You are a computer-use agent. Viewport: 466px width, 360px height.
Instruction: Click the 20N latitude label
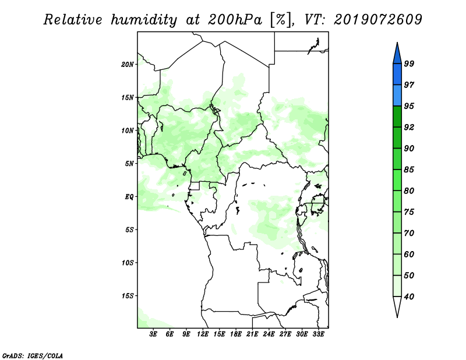[x=128, y=65]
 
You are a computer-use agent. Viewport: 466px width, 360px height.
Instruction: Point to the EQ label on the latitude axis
[x=129, y=197]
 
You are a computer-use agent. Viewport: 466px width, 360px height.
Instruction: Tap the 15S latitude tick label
[x=128, y=296]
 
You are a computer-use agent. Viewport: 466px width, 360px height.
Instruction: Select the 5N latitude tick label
[x=129, y=164]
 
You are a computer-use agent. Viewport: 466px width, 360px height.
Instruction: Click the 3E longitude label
[x=153, y=334]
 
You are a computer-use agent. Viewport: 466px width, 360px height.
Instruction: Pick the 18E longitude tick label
[x=236, y=334]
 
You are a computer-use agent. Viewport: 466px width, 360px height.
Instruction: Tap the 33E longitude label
[x=318, y=334]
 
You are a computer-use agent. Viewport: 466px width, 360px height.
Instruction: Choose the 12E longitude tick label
[x=203, y=334]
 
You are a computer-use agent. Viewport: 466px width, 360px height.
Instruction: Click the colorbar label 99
[x=409, y=63]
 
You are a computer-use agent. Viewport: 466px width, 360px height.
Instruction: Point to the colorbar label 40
[x=409, y=297]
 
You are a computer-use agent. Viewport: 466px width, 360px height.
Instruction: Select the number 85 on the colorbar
[x=409, y=170]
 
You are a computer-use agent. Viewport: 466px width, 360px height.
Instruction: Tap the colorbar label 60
[x=409, y=254]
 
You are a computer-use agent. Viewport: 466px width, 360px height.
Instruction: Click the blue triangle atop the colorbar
[x=397, y=54]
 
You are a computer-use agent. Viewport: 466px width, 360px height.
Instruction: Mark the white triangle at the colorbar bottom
[x=397, y=306]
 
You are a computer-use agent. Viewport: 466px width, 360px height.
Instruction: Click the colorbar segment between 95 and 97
[x=397, y=96]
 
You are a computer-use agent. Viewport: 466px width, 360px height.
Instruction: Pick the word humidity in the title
[x=144, y=20]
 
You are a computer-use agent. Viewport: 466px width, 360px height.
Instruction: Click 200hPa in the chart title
[x=235, y=20]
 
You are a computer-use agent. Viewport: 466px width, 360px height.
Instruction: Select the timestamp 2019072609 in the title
[x=377, y=20]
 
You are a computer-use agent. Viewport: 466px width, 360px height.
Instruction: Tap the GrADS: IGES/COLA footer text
[x=33, y=355]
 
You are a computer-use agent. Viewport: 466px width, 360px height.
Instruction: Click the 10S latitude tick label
[x=128, y=263]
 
